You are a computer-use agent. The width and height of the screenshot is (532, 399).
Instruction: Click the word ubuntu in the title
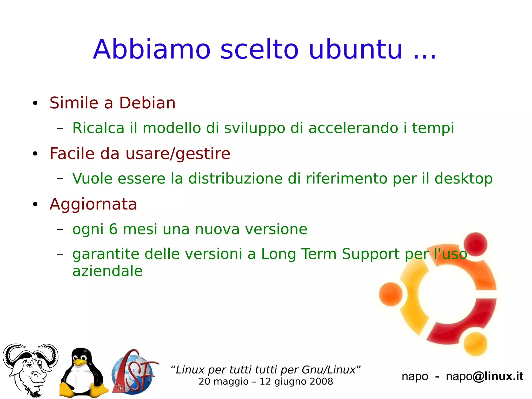click(355, 49)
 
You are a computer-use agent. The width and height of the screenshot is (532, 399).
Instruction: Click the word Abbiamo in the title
click(152, 49)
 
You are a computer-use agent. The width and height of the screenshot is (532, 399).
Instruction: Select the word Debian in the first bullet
click(147, 103)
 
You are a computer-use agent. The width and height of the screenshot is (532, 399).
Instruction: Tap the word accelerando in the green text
click(353, 128)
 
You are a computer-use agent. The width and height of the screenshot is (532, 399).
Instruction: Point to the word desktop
click(463, 179)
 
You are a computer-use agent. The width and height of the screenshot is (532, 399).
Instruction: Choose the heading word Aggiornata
click(93, 204)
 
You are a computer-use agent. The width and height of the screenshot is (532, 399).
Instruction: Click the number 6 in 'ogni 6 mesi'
click(113, 229)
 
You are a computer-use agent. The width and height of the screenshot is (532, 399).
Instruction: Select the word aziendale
click(108, 271)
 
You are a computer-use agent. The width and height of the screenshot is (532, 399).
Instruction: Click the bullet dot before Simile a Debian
click(35, 103)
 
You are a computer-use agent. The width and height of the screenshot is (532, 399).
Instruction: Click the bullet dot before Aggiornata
click(35, 205)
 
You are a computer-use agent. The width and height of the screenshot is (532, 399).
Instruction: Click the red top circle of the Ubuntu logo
click(475, 244)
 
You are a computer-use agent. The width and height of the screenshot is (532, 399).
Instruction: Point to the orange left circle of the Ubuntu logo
click(390, 294)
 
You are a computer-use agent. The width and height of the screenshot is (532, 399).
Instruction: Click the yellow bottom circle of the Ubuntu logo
click(475, 344)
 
